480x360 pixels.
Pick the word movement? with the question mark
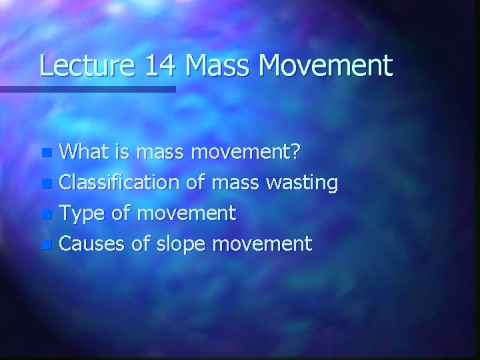click(x=246, y=152)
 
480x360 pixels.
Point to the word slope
click(x=180, y=244)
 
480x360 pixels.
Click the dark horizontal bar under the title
click(x=87, y=89)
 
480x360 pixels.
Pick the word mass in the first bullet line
click(x=161, y=152)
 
